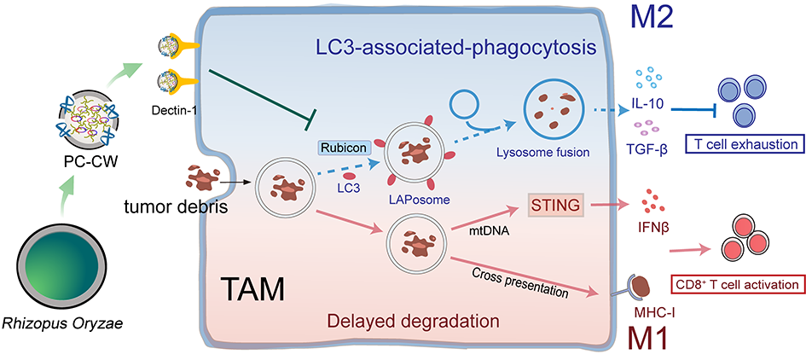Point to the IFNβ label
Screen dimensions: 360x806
tap(651, 226)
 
